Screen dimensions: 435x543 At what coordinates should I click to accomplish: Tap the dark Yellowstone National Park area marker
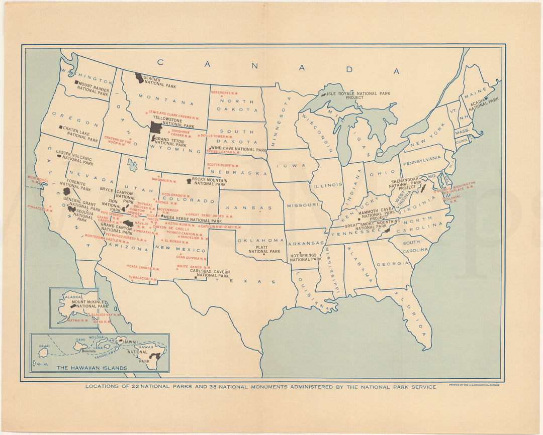click(156, 127)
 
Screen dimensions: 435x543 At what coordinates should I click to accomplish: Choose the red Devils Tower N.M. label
click(217, 136)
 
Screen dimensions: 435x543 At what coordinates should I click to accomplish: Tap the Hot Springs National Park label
click(305, 257)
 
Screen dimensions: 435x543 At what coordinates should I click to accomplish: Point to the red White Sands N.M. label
click(194, 267)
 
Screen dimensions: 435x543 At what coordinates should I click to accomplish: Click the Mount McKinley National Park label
click(89, 304)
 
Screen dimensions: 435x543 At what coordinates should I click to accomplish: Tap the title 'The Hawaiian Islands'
click(92, 368)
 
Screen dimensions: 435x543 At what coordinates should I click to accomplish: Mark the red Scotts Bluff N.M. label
click(223, 165)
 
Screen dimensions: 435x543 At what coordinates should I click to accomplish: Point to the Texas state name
click(246, 281)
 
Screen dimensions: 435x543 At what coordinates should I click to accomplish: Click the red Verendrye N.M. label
click(225, 92)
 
